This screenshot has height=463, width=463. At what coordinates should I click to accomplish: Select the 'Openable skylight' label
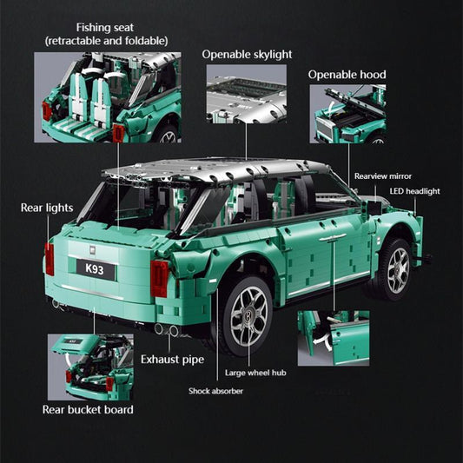(x=246, y=55)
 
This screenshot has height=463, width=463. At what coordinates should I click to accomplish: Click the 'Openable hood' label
(x=347, y=75)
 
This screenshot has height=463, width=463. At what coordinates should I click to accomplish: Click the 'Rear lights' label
(x=47, y=208)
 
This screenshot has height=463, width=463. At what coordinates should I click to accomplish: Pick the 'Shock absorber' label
(x=215, y=391)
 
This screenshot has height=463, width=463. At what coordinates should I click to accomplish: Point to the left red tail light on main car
(x=50, y=259)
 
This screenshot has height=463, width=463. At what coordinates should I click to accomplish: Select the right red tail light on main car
(x=159, y=278)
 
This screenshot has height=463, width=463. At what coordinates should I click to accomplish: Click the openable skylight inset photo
(x=246, y=93)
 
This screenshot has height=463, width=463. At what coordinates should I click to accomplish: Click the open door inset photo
(x=333, y=337)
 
